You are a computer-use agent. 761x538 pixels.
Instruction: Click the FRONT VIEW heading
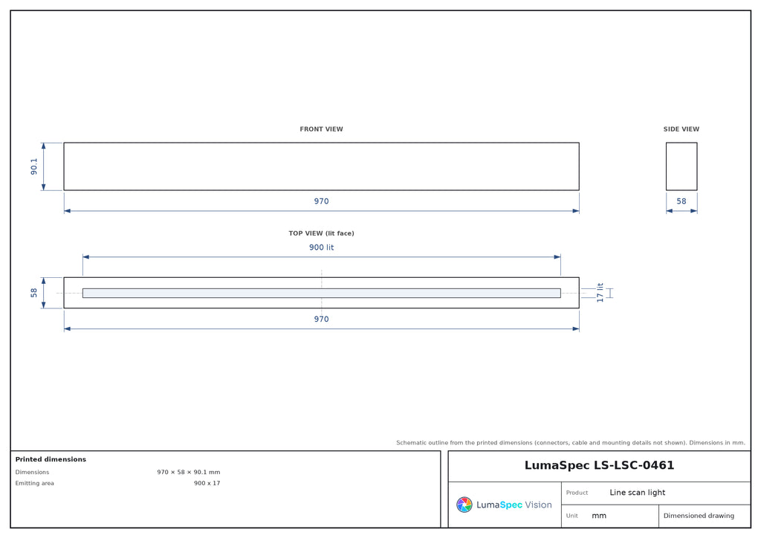[x=321, y=129]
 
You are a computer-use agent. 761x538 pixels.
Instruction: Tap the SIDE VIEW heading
[x=681, y=129]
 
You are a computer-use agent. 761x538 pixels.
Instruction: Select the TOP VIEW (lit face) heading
[x=321, y=233]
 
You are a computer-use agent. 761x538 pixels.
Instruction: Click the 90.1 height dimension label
[x=33, y=166]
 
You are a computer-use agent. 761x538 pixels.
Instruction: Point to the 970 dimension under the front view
[x=321, y=201]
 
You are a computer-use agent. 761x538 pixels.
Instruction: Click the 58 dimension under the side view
[x=681, y=201]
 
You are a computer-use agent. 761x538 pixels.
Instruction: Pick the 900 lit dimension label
[x=321, y=247]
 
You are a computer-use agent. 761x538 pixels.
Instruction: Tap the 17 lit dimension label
[x=600, y=293]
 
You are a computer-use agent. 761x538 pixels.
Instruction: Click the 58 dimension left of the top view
[x=33, y=293]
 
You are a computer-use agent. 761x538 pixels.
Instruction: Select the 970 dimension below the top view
[x=321, y=319]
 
